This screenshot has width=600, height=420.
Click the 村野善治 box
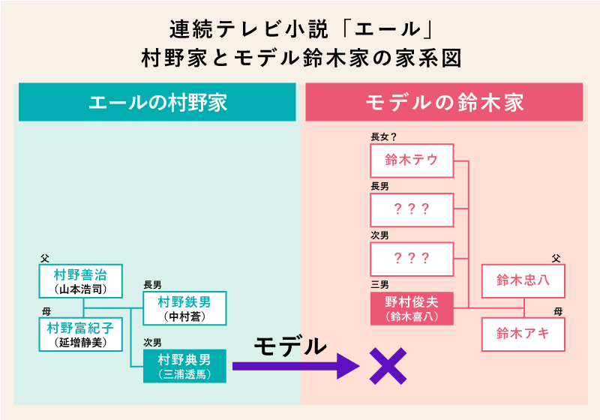(80, 281)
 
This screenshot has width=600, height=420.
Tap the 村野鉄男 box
(184, 308)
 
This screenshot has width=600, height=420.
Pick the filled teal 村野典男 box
(184, 366)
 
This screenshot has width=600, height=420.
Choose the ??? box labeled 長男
(412, 210)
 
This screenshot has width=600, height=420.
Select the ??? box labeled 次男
(412, 259)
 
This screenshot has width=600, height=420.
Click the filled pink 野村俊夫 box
(412, 308)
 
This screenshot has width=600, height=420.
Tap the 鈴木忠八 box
(523, 280)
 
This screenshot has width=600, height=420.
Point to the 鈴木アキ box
(523, 334)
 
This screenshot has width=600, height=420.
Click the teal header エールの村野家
(157, 103)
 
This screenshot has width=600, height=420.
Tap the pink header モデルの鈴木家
(444, 103)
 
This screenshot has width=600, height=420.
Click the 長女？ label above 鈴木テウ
(383, 137)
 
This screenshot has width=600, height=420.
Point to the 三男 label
(379, 285)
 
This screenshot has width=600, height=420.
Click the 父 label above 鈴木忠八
(556, 257)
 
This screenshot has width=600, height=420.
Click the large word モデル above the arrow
(290, 346)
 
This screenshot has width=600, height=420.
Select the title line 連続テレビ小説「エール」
(300, 30)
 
